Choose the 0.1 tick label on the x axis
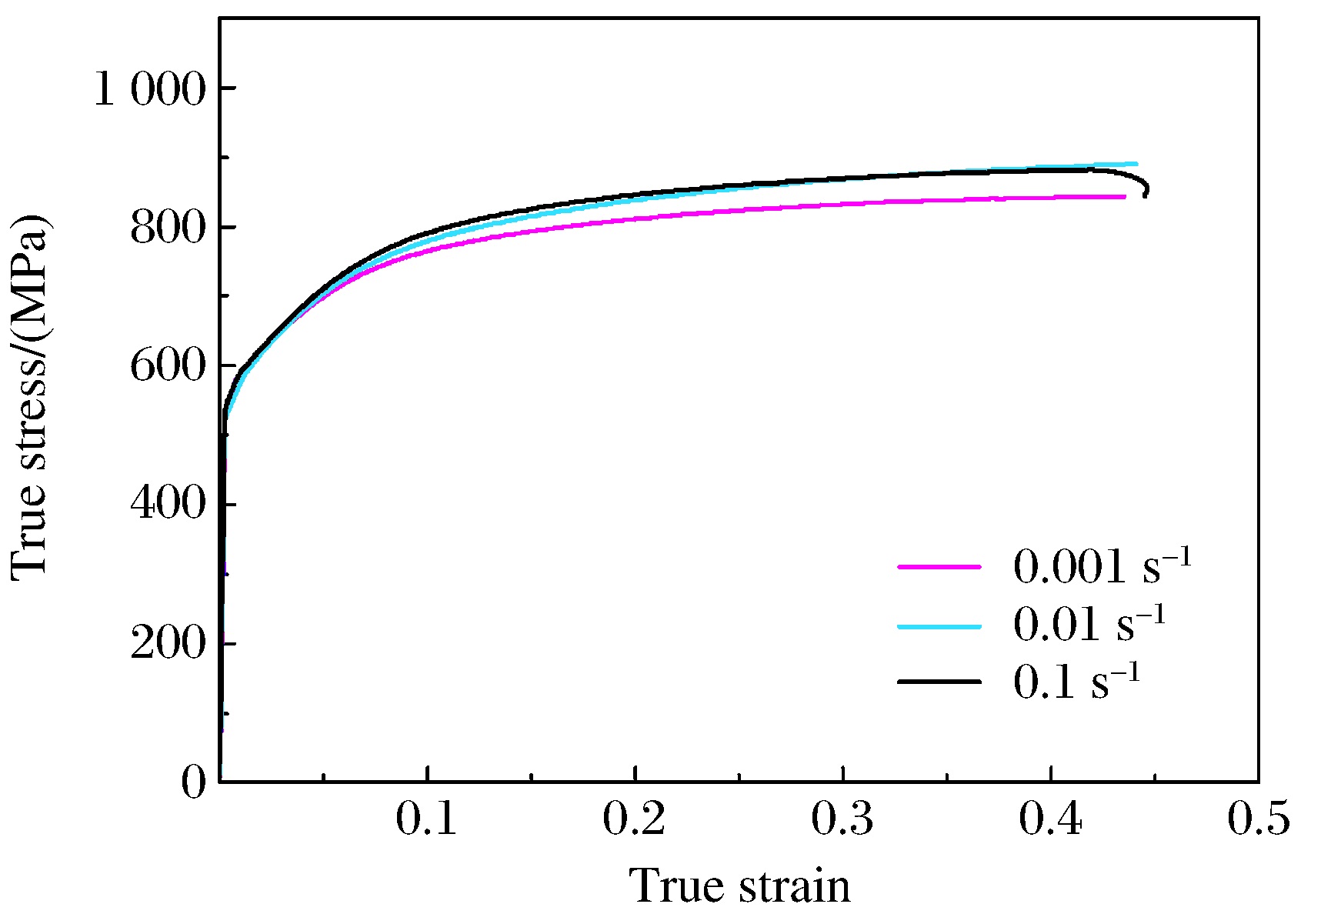(427, 820)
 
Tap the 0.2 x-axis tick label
(635, 820)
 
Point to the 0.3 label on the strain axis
(843, 820)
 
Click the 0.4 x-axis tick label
(1051, 820)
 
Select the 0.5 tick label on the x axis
(1259, 820)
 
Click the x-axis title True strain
(740, 886)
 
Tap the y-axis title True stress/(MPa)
(31, 397)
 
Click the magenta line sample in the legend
(939, 567)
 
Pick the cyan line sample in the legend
(939, 625)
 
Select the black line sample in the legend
(939, 682)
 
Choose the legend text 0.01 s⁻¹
(1089, 624)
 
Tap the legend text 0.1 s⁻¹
(1076, 682)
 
